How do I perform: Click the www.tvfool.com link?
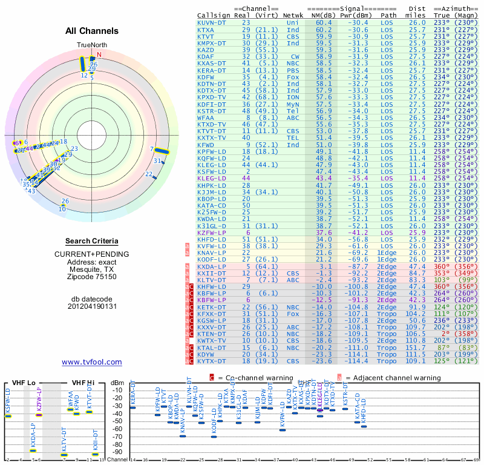coord(91,362)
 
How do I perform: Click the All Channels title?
coord(91,31)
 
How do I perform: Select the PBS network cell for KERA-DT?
coord(293,70)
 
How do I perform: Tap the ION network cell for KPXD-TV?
coord(293,97)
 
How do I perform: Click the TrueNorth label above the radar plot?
coord(91,45)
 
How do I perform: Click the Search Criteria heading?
coord(91,241)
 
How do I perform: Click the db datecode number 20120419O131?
coord(91,306)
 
